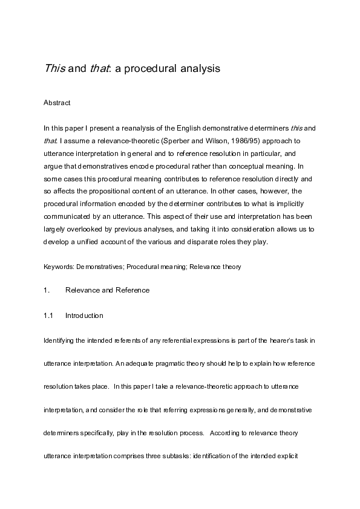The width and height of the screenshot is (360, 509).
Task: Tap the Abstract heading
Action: coord(57,103)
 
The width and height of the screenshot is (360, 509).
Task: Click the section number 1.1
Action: coord(48,315)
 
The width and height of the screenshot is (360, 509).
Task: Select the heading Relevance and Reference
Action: coord(107,290)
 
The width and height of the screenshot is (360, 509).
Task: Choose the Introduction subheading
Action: coord(84,315)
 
